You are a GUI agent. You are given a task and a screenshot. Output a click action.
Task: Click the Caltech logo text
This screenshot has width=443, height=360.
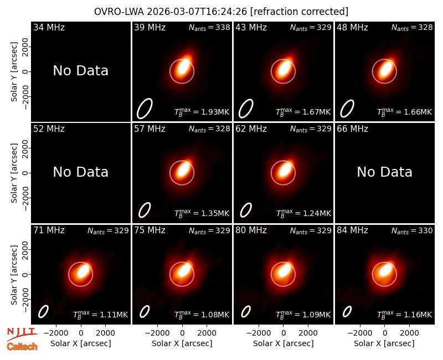[x=22, y=347]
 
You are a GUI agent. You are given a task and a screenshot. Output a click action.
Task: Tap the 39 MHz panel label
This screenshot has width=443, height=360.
[x=150, y=27]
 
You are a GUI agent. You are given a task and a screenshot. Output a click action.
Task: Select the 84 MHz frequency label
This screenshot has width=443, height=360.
[x=352, y=230]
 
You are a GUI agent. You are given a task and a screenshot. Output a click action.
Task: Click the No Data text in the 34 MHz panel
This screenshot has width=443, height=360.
[x=80, y=70]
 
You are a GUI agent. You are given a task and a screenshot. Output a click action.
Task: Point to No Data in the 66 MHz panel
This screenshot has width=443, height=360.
[x=384, y=172]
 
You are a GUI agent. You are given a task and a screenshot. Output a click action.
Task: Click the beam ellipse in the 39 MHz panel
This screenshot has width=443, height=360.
[x=145, y=108]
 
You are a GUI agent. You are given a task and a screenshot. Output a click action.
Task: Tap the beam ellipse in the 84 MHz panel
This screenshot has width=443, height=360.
[x=347, y=312]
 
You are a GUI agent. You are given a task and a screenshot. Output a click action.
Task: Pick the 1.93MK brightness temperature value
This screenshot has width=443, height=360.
[x=215, y=112]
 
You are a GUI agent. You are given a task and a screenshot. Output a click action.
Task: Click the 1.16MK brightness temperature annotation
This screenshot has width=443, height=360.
[x=418, y=315]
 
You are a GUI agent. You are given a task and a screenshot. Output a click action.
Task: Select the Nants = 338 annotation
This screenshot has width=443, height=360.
[x=209, y=27]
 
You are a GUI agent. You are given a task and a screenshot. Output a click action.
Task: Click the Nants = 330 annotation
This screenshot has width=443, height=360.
[x=412, y=230]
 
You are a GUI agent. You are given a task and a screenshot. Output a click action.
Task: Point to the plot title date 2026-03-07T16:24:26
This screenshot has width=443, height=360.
[x=197, y=12]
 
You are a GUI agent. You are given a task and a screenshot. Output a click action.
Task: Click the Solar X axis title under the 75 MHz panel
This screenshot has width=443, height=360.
[x=182, y=343]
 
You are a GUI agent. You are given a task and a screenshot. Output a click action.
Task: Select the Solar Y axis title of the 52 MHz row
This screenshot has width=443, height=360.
[x=14, y=173]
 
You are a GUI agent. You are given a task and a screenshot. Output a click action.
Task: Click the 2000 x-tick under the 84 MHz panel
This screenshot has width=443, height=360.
[x=409, y=333]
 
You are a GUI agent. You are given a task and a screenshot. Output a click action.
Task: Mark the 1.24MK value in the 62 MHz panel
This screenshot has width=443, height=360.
[x=316, y=213]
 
